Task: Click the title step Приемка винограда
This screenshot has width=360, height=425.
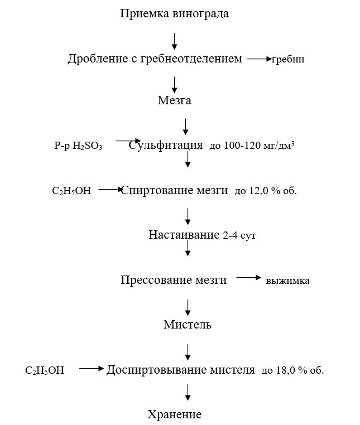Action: (x=174, y=13)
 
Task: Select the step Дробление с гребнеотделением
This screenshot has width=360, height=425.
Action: (x=155, y=59)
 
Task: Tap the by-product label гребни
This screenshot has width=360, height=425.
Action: (x=288, y=59)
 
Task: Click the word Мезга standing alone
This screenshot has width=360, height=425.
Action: (x=174, y=101)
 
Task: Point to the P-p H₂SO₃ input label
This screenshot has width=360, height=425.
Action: (x=78, y=146)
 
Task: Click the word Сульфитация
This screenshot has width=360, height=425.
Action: (x=166, y=146)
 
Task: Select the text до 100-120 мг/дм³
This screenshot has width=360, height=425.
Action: (x=252, y=146)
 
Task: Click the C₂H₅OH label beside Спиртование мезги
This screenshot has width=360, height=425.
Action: (x=71, y=191)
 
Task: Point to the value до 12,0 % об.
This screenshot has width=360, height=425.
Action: (x=266, y=191)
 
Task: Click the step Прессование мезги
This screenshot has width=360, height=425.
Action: (x=174, y=280)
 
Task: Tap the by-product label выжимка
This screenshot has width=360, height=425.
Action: (x=287, y=281)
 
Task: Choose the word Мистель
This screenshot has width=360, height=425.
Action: (x=188, y=325)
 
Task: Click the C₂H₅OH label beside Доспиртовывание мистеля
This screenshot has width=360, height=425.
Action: (x=45, y=370)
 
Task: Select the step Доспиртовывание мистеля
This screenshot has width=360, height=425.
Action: (x=181, y=369)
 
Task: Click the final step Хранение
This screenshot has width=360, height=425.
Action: (x=174, y=414)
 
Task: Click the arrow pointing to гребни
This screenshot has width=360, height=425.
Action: (x=258, y=59)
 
